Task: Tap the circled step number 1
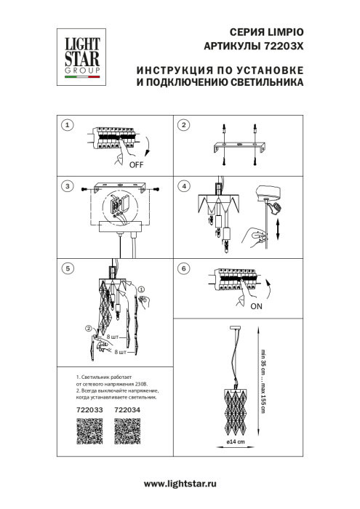[68, 126]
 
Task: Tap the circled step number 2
[184, 126]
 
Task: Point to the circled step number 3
[68, 187]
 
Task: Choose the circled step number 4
[184, 187]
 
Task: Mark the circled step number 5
[68, 268]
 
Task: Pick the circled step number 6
[184, 268]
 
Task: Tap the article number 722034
[128, 410]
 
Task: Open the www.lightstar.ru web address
[181, 484]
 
